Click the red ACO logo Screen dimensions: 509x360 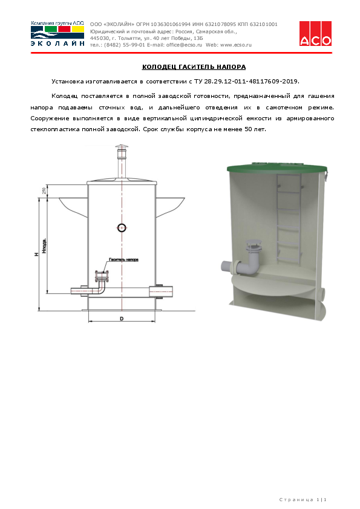(315, 33)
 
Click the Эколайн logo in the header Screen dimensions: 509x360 (57, 34)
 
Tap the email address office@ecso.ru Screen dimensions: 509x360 (181, 45)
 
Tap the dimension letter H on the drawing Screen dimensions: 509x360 (36, 254)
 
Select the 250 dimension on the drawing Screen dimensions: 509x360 (44, 191)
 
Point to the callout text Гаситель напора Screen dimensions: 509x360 (123, 260)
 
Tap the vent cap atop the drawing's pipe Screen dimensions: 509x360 (122, 149)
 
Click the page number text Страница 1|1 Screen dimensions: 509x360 (303, 499)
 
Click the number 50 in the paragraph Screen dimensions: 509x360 (250, 130)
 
